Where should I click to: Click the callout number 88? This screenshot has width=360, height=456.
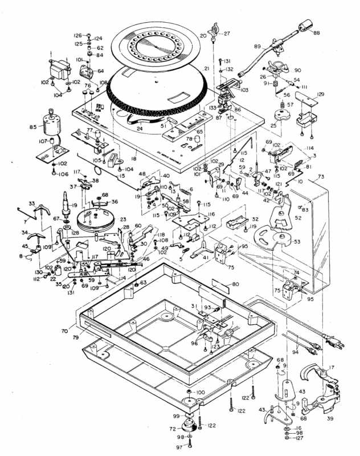point(317,34)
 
